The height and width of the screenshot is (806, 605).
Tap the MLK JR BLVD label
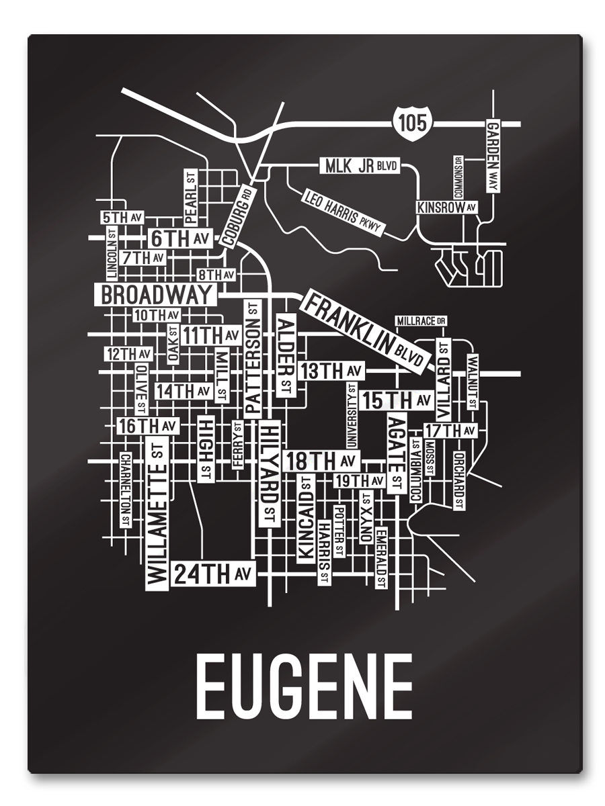coord(359,166)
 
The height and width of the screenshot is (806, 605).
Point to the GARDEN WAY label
coord(493,156)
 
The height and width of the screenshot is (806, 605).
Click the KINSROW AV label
coord(446,208)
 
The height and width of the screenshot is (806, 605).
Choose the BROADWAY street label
coord(156,294)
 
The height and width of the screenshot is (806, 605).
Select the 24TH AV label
coord(212,574)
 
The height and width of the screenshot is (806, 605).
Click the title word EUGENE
coord(304,686)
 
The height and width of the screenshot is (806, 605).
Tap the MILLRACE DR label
coord(421,322)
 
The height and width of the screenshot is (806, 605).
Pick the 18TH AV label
coord(321,461)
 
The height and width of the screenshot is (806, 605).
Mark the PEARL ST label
coord(190,197)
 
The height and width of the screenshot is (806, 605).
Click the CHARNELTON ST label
coord(125,490)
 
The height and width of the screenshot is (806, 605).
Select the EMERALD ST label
coord(381,557)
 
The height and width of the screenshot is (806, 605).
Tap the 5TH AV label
coord(122,218)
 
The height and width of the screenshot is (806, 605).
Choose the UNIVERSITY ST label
coord(351,415)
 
